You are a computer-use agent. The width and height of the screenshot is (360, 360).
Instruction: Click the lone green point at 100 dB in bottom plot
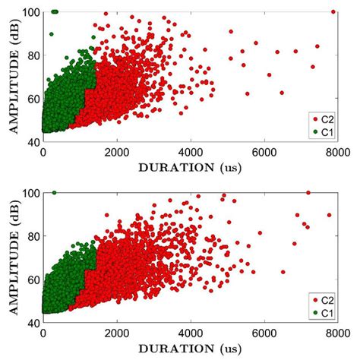pyautogui.click(x=54, y=193)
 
